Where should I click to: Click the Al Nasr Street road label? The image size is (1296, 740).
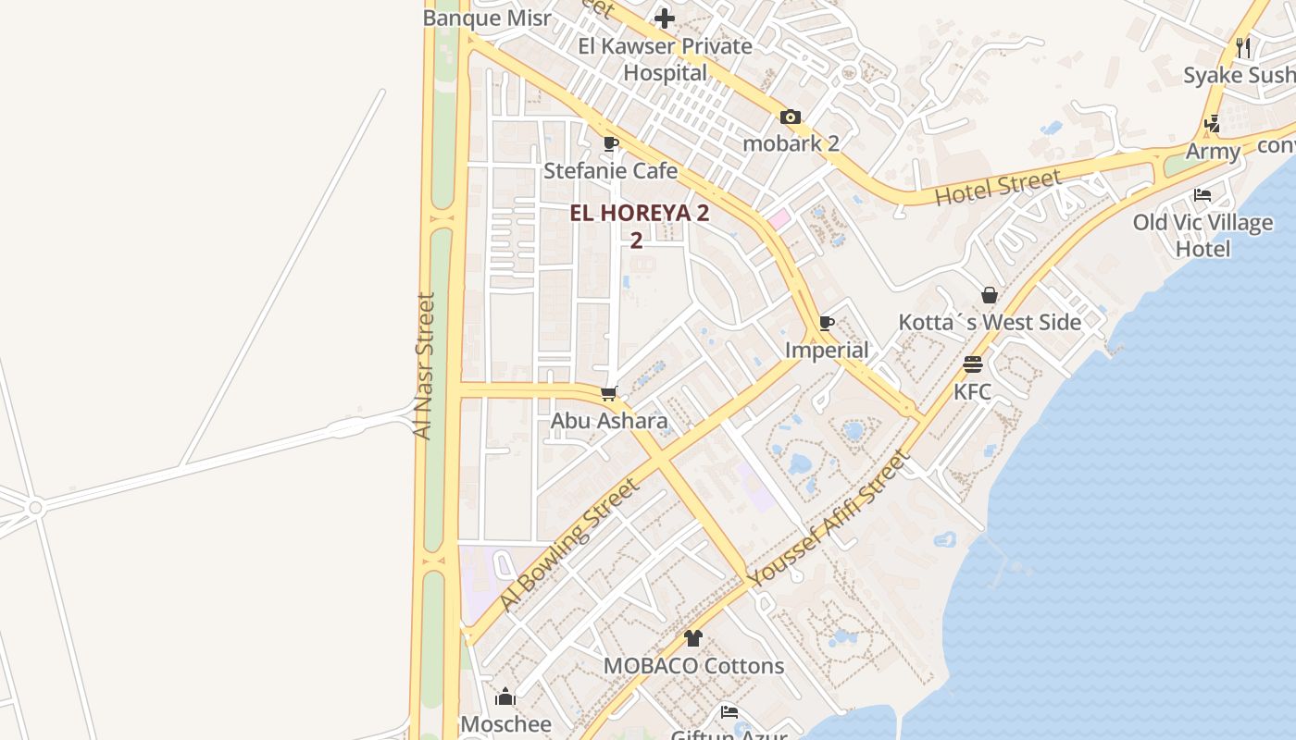tap(424, 366)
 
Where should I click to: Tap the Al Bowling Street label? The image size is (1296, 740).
tap(569, 544)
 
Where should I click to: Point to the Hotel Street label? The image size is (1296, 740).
tap(997, 188)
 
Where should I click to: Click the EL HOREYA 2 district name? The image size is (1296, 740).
tap(639, 214)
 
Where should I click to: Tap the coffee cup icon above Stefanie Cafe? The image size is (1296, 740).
tap(610, 143)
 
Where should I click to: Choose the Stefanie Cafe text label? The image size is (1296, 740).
tap(610, 171)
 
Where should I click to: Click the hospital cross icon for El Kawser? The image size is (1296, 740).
tap(665, 18)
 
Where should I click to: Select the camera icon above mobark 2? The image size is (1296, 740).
tap(790, 117)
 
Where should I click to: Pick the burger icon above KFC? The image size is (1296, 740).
tap(972, 364)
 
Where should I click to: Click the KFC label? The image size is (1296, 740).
tap(972, 391)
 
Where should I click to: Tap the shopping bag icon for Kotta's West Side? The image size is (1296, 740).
tap(990, 295)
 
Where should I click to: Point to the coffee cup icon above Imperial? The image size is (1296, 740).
tap(827, 323)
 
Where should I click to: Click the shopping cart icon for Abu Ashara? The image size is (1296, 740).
tap(609, 394)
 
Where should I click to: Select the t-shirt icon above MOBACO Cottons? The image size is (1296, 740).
tap(693, 637)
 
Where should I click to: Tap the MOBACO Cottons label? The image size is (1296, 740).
tap(693, 666)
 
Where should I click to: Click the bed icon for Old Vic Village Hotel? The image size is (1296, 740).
tap(1203, 195)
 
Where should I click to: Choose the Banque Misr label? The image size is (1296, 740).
tap(487, 18)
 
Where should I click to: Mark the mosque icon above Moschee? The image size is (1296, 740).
tap(505, 697)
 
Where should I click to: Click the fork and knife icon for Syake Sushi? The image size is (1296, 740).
tap(1243, 47)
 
